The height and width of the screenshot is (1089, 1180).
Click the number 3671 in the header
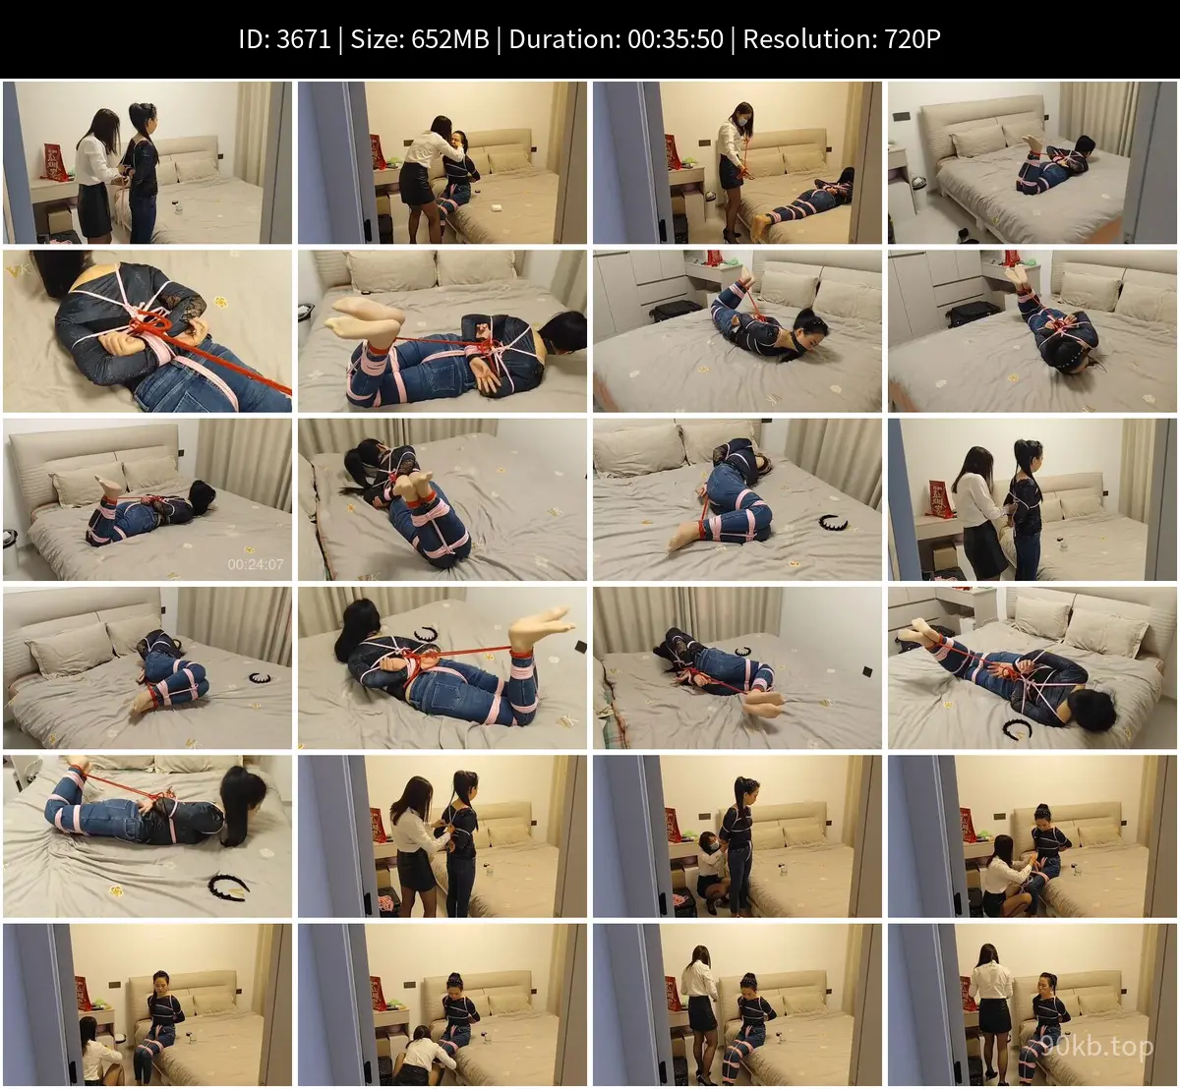pyautogui.click(x=304, y=39)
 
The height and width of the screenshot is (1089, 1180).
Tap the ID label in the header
pyautogui.click(x=254, y=39)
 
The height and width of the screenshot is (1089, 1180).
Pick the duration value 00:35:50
pyautogui.click(x=676, y=39)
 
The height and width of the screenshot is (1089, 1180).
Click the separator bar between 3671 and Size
pyautogui.click(x=340, y=39)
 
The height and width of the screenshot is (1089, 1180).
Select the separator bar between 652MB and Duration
pyautogui.click(x=500, y=39)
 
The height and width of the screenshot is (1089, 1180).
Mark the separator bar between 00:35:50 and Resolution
pyautogui.click(x=734, y=39)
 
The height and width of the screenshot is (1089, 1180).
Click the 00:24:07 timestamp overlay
pyautogui.click(x=256, y=564)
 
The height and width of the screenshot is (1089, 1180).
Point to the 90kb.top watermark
pyautogui.click(x=1096, y=1047)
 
